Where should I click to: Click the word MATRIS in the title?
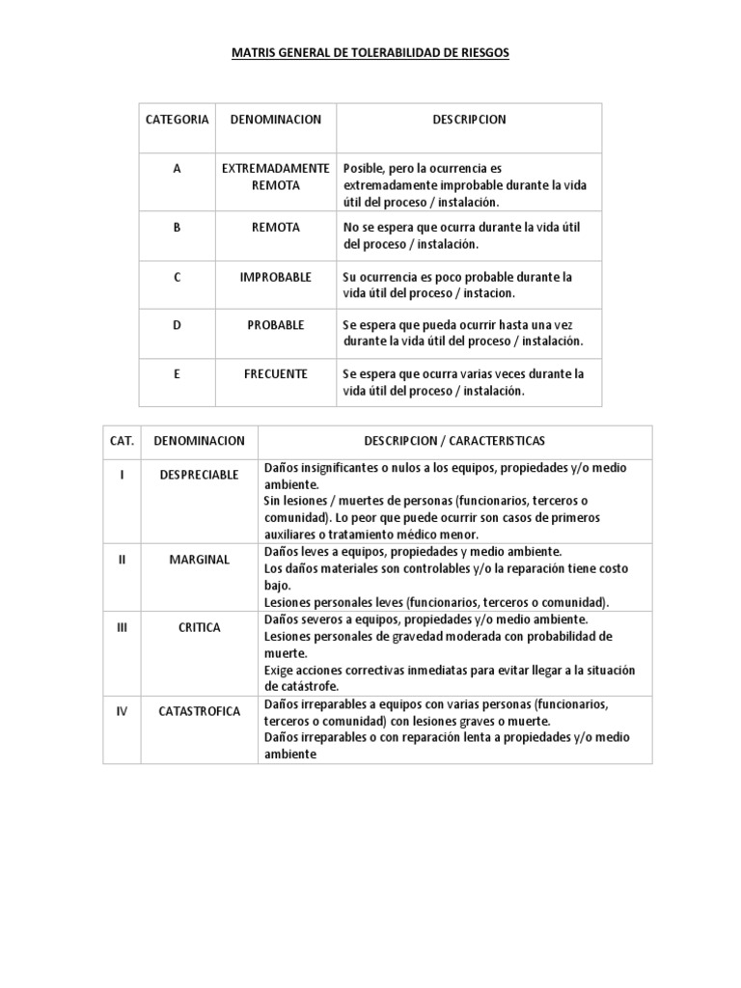pos(253,54)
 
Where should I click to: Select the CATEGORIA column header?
pos(177,120)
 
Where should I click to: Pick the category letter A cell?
pos(177,169)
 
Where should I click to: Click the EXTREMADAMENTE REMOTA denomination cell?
pos(275,177)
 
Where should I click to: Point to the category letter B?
pos(177,228)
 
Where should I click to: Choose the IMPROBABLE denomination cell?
pos(275,277)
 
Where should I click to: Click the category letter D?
pos(177,325)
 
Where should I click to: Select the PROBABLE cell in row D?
pos(275,325)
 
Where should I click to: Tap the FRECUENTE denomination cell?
pos(275,373)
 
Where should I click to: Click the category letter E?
pos(177,373)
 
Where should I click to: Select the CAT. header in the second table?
pos(122,441)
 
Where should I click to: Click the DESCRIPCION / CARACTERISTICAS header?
pos(454,441)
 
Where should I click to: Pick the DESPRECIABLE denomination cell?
pos(199,476)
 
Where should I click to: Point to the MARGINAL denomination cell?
pos(199,560)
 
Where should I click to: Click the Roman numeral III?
pos(122,627)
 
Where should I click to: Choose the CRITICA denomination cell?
pos(199,627)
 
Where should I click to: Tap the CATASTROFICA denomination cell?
pos(199,712)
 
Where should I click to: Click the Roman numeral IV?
pos(122,712)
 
